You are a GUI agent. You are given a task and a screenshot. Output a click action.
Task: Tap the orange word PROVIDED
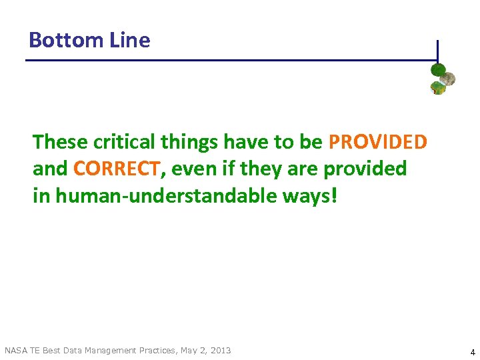[x=378, y=142]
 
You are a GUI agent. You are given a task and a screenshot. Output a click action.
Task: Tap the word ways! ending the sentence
[x=315, y=196]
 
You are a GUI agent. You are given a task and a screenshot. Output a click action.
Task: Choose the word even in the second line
[x=193, y=169]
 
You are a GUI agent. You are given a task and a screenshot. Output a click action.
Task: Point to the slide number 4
[x=472, y=351]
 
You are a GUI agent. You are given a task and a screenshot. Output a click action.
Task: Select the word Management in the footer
[x=115, y=350]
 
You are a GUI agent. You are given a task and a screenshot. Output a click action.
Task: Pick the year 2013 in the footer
[x=220, y=350]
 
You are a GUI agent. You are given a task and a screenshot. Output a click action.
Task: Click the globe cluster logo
[x=442, y=79]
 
